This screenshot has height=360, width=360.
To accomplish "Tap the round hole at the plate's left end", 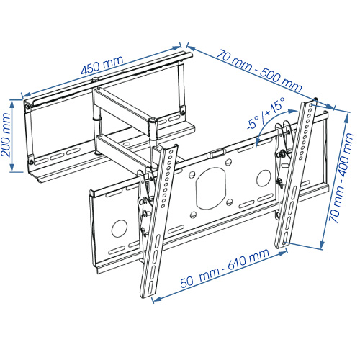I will (117, 229).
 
